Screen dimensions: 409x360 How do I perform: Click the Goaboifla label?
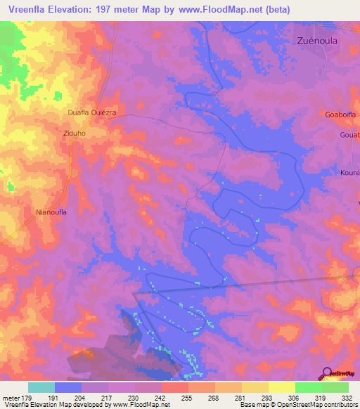(341, 114)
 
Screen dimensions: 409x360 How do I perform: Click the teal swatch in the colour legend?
(41, 387)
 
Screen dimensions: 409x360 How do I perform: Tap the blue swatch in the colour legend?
(68, 387)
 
